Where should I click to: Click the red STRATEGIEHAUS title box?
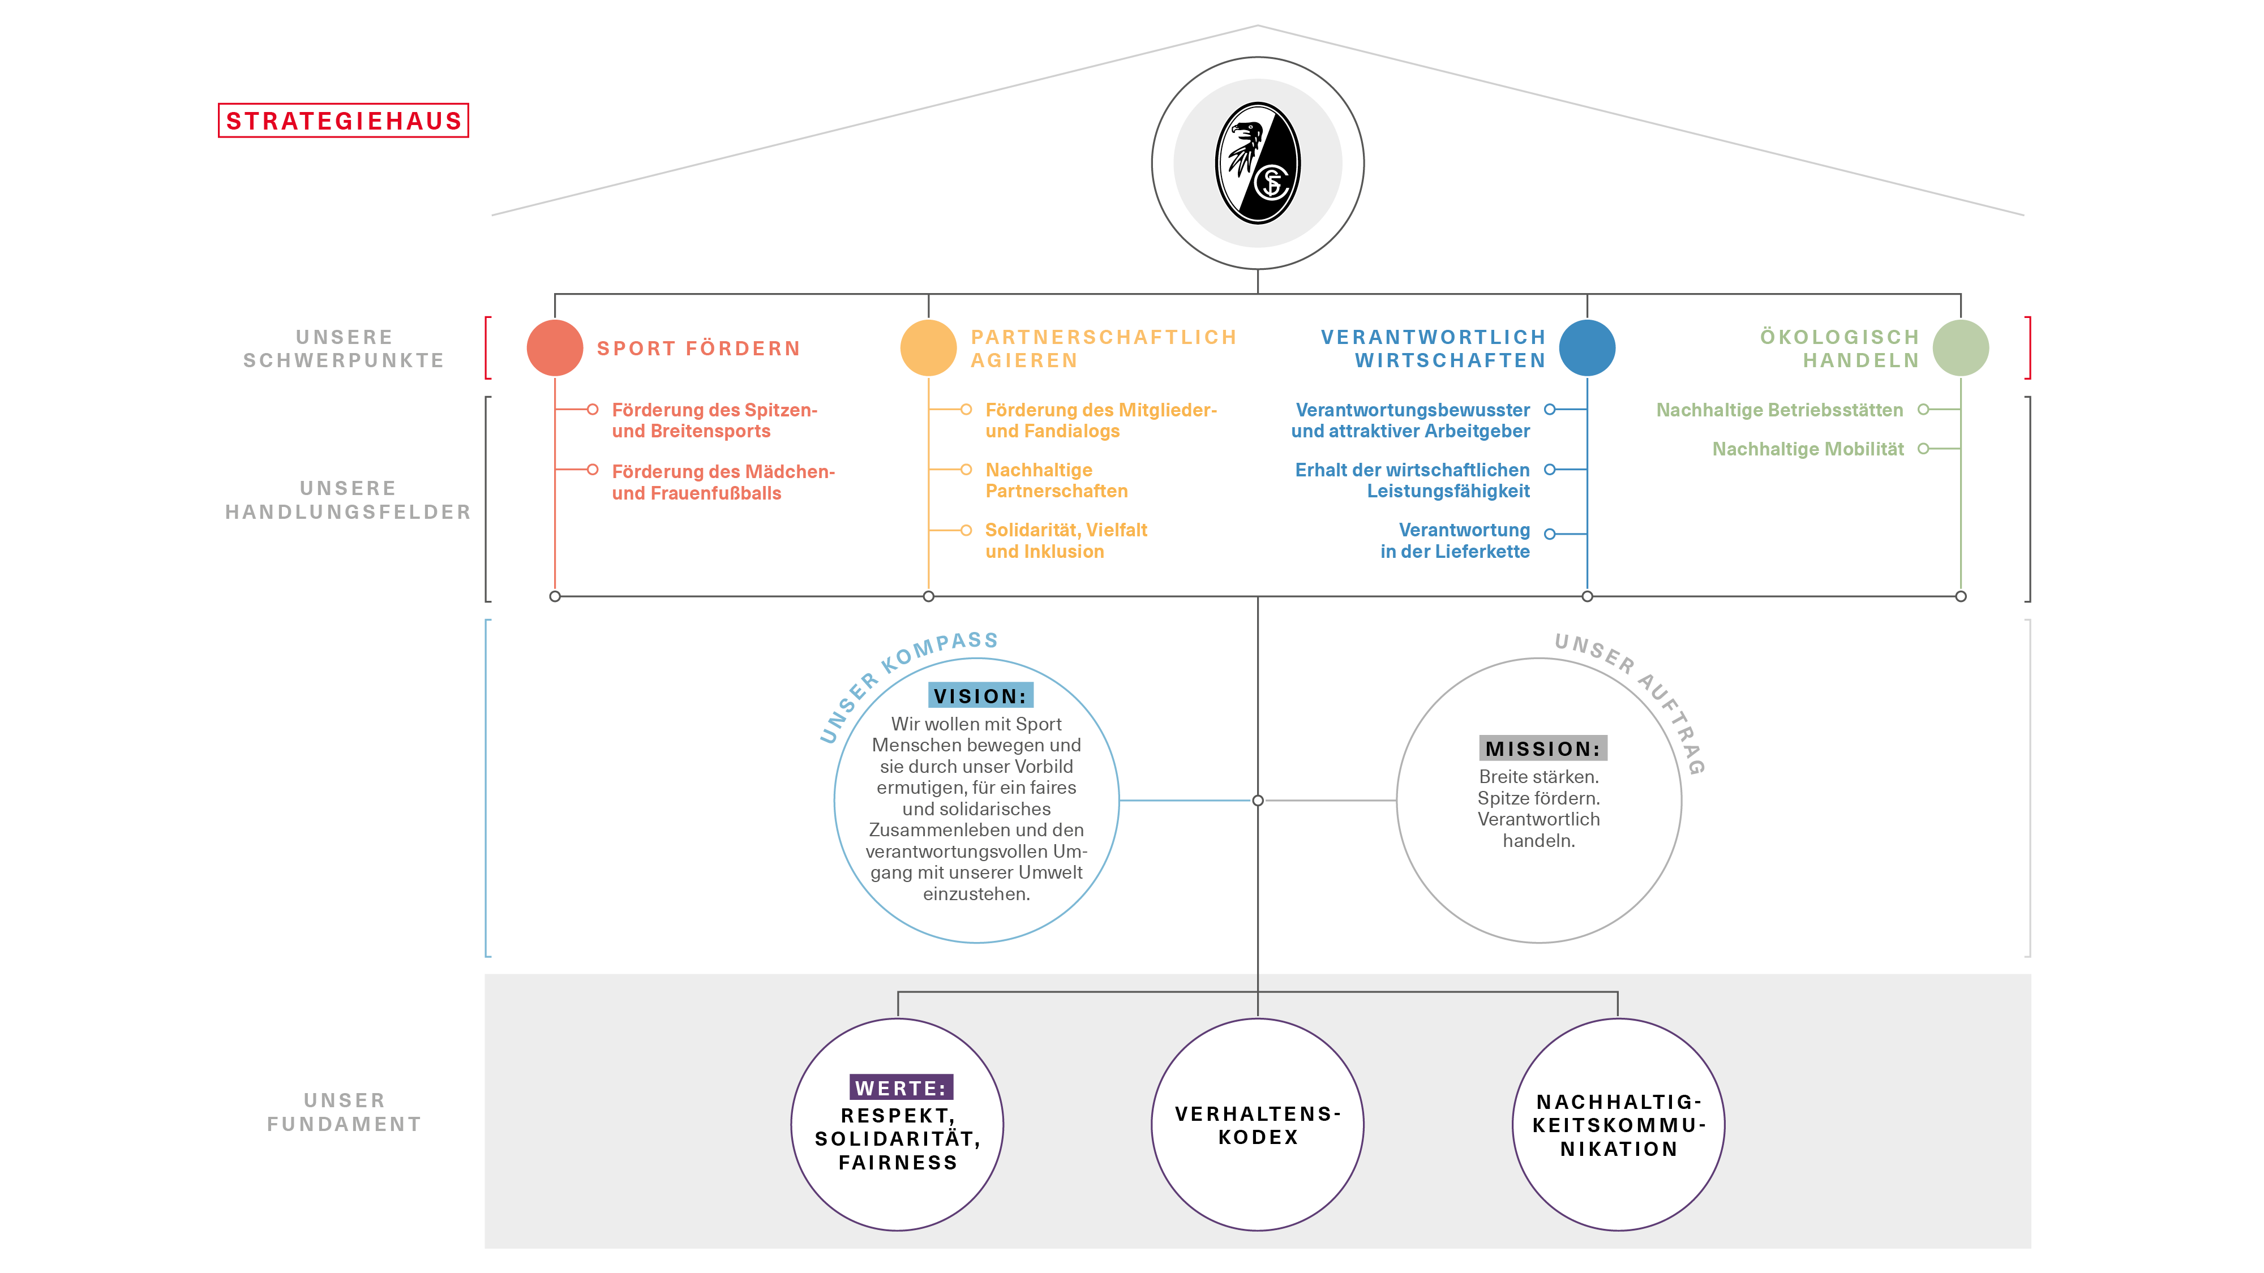coord(343,121)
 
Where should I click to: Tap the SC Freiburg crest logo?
coord(1258,164)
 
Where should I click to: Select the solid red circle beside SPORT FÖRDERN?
coord(555,348)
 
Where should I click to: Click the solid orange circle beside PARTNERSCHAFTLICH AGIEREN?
coord(928,348)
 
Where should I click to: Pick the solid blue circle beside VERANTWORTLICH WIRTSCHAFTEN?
coord(1587,348)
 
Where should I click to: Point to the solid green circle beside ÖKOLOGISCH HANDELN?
coord(1961,348)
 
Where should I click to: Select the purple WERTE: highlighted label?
coord(901,1087)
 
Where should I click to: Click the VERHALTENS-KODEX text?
coord(1258,1125)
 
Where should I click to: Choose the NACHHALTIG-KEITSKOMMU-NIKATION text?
coord(1619,1125)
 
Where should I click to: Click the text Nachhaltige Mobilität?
coord(1808,449)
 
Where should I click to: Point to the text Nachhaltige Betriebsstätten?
coord(1780,410)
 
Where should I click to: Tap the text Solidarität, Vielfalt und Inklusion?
coord(1066,540)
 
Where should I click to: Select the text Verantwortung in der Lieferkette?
coord(1455,540)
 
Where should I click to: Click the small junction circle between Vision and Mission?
coord(1258,801)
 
